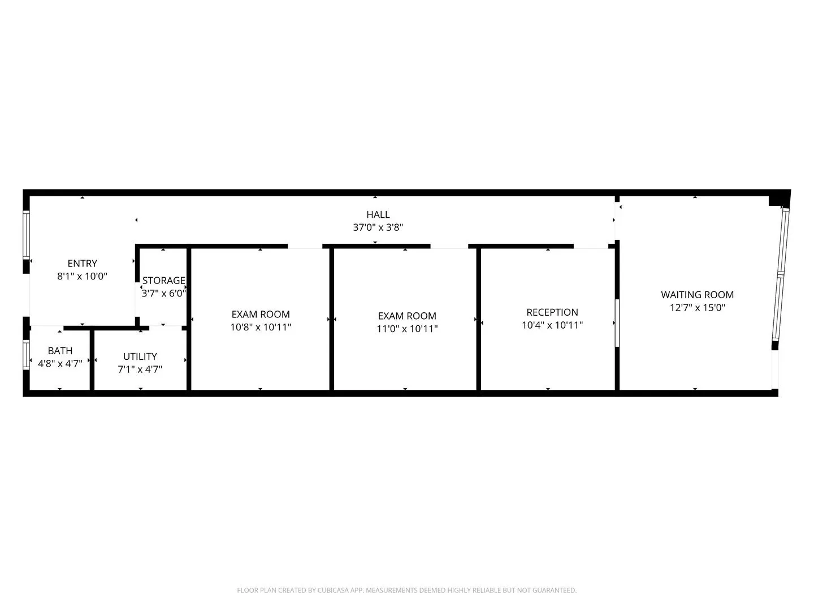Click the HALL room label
(378, 214)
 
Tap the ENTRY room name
(83, 264)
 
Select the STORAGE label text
(163, 281)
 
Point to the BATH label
(60, 351)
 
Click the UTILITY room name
(140, 356)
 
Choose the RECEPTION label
(552, 312)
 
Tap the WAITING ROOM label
(697, 295)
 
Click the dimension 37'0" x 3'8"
(378, 227)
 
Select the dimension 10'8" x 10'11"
(261, 327)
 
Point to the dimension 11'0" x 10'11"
(407, 329)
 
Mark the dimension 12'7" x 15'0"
(697, 308)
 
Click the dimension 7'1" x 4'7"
(140, 369)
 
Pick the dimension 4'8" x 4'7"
(60, 364)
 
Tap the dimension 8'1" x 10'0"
(83, 276)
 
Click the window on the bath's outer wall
(27, 355)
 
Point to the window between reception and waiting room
(617, 322)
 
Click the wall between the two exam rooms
(331, 320)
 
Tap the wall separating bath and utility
(92, 360)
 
